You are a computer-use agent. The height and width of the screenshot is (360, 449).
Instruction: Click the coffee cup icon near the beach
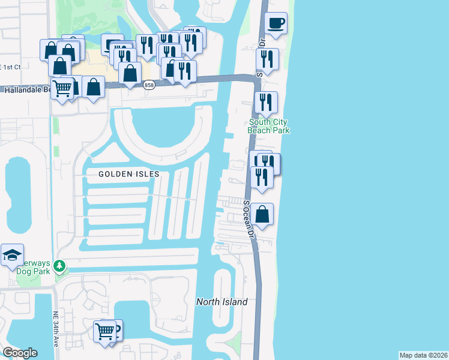click(x=276, y=24)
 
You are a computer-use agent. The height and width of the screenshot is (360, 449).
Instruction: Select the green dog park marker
click(x=59, y=265)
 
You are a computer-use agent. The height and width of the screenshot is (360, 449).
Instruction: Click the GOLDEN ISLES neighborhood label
click(x=130, y=174)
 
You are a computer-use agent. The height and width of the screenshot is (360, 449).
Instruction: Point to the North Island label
click(x=222, y=302)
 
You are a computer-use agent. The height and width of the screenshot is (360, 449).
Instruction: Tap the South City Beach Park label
click(x=269, y=126)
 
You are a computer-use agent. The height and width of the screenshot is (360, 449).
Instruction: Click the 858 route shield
click(x=149, y=86)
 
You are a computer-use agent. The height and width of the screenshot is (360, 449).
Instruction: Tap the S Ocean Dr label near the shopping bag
click(x=249, y=215)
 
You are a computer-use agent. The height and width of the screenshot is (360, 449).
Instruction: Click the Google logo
click(x=20, y=353)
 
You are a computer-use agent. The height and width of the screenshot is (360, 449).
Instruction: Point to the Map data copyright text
click(x=423, y=355)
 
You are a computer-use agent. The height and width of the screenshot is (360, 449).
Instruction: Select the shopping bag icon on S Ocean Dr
click(x=262, y=214)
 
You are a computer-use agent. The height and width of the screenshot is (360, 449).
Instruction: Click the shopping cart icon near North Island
click(x=104, y=331)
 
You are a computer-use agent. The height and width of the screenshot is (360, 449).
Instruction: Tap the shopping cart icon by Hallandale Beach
click(x=62, y=89)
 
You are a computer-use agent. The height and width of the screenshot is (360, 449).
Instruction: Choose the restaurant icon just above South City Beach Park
click(x=265, y=102)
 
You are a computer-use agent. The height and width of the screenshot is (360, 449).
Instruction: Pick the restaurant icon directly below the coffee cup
click(x=267, y=59)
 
